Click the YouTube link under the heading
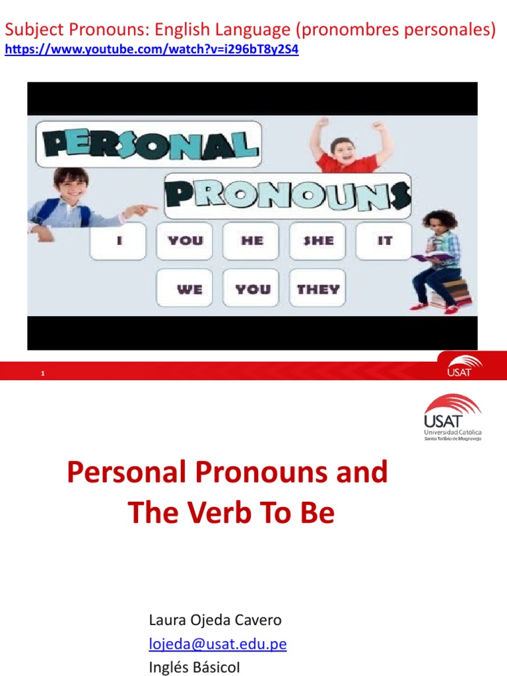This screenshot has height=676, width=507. pos(152,50)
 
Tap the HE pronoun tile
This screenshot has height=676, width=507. pos(252,241)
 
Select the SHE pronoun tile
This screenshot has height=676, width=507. pos(318,241)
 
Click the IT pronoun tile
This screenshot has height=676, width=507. pos(384,241)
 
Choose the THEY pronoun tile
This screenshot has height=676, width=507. pos(318,288)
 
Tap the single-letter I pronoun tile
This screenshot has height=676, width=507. pos(119,241)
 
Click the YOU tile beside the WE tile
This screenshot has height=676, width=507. pos(252,288)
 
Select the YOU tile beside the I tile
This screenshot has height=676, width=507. pos(185,241)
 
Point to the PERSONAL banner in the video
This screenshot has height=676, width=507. pos(148,143)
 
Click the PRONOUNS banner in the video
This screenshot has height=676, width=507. pos(287,195)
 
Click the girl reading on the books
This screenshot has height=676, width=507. pos(438,261)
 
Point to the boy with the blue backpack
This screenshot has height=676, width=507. pos(66,198)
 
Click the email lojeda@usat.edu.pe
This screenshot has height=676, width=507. pos(218,644)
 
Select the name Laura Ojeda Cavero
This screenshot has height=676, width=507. pos(215,621)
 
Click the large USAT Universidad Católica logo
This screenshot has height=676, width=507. pos(452,418)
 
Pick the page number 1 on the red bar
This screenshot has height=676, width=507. pos(42,374)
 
